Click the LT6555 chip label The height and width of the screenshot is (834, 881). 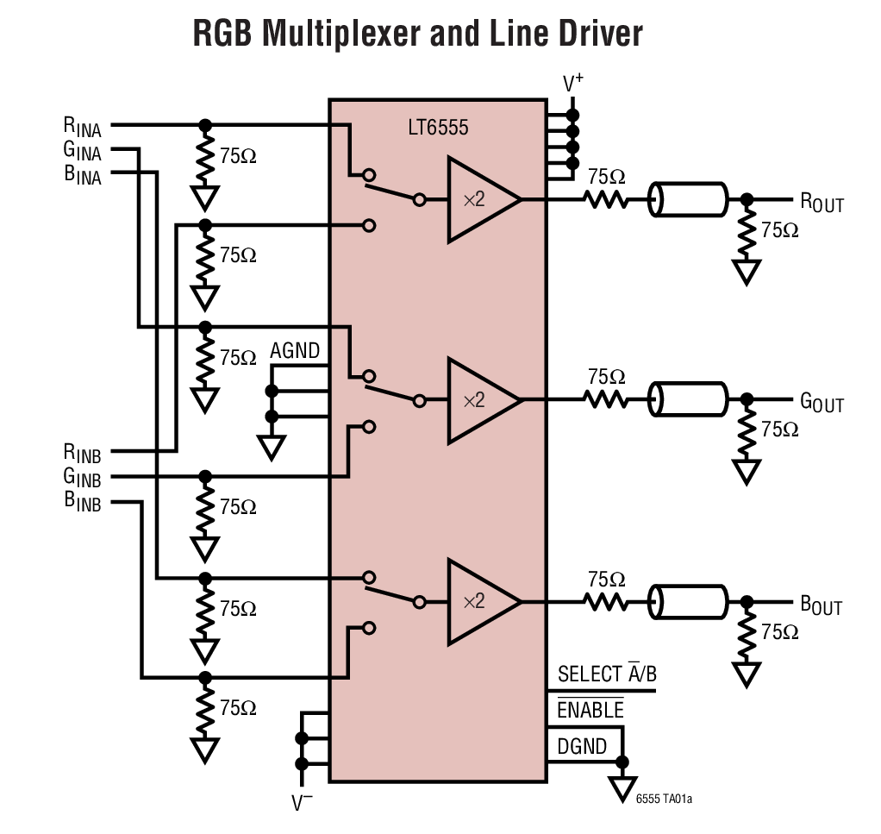[437, 129]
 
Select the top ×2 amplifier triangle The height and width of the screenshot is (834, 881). [478, 199]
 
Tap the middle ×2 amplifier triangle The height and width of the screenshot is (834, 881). [478, 400]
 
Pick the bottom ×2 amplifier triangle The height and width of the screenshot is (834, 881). [478, 601]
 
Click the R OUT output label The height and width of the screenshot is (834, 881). [821, 204]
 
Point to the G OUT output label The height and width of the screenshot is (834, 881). [821, 403]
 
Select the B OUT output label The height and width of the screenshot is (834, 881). [821, 605]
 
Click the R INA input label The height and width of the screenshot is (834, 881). [82, 127]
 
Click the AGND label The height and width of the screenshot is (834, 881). [295, 351]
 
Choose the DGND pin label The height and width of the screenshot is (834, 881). [582, 746]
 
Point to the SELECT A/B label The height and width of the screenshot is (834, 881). [607, 674]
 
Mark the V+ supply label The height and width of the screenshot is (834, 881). [573, 84]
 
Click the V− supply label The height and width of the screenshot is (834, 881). [302, 803]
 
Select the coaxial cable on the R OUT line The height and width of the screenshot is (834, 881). [688, 200]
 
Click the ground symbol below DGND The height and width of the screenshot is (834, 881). [622, 787]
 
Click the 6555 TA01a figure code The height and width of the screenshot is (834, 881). [664, 800]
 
